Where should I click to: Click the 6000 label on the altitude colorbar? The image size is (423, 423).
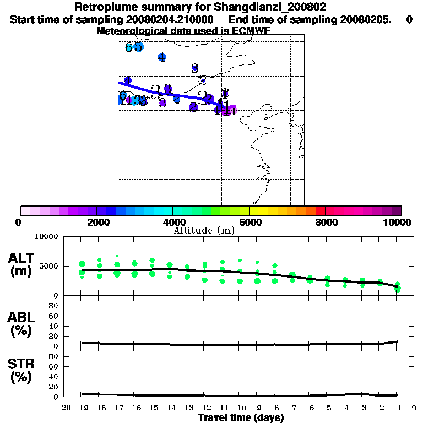point(249,222)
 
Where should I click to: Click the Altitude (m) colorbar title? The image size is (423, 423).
point(204,230)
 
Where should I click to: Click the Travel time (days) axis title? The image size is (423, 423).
point(241,417)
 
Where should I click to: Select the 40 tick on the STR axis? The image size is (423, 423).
point(54,377)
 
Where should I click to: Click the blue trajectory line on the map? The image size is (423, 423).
point(165,93)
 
